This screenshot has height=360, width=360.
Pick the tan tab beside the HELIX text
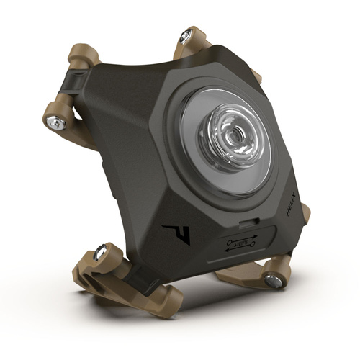click(305, 212)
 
